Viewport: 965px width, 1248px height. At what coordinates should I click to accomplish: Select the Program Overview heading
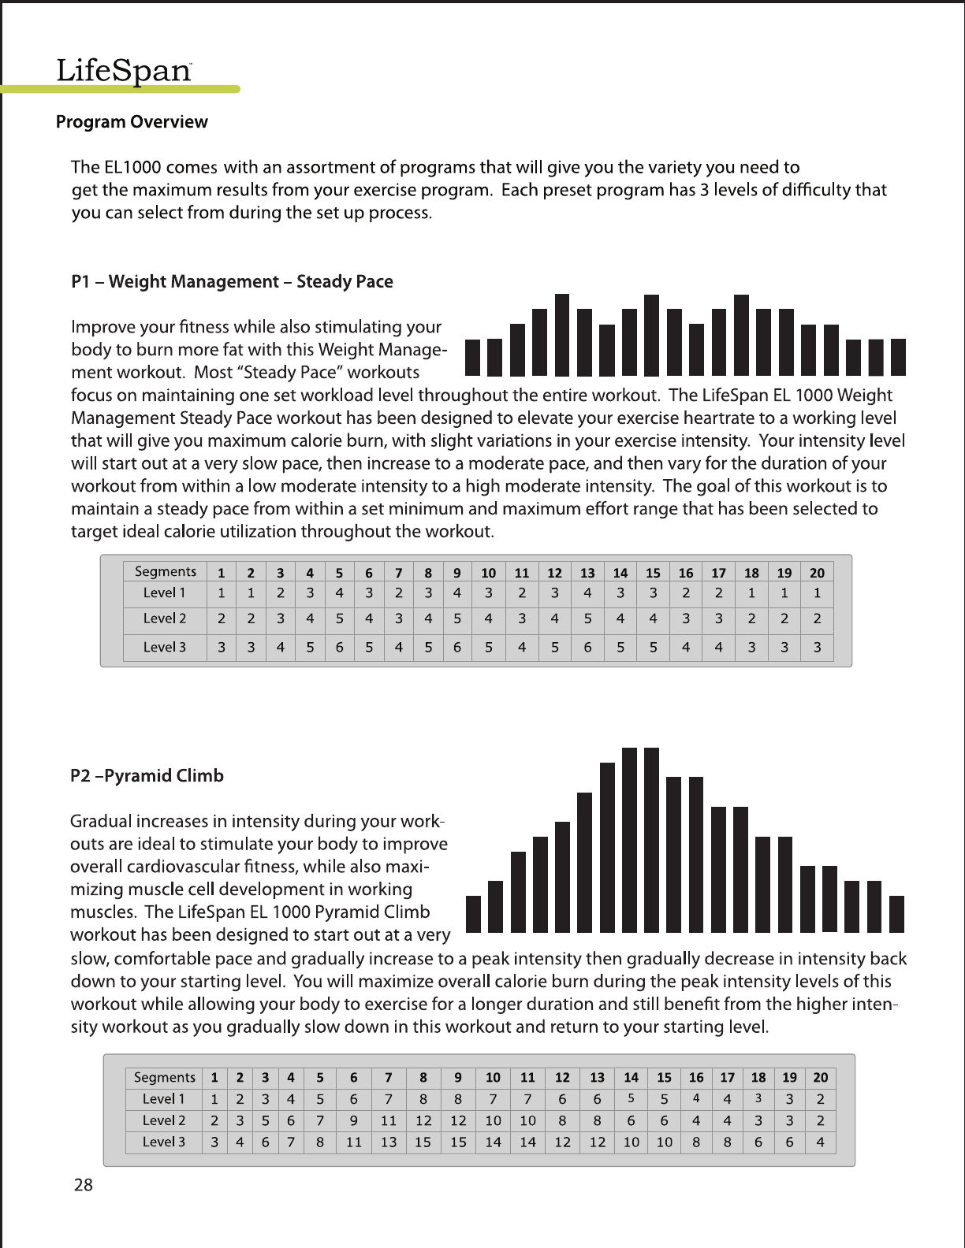click(132, 122)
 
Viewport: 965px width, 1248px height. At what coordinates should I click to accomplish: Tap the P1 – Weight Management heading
click(232, 282)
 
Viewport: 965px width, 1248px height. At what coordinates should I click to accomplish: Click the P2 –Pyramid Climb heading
click(147, 776)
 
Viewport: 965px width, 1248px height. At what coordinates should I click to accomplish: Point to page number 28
click(83, 1184)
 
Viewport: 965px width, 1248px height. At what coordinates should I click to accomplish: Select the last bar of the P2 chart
click(896, 914)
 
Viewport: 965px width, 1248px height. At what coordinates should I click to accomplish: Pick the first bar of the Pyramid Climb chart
click(473, 914)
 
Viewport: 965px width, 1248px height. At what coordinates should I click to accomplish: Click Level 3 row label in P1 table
click(164, 648)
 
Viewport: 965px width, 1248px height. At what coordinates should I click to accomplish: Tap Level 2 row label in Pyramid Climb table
click(164, 1120)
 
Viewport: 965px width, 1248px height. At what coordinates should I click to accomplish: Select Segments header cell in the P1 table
click(165, 571)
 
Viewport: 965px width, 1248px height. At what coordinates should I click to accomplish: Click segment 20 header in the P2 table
click(821, 1077)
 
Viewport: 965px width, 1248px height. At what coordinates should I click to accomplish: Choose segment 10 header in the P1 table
click(489, 572)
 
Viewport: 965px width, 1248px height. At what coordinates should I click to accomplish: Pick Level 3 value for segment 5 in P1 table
click(339, 648)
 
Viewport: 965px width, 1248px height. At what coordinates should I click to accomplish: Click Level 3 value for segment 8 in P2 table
click(423, 1142)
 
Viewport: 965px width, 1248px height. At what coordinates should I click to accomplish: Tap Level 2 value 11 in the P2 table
click(388, 1120)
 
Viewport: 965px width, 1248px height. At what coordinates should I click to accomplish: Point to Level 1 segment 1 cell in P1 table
click(222, 592)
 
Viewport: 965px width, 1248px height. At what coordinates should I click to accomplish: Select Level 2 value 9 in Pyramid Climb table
click(354, 1120)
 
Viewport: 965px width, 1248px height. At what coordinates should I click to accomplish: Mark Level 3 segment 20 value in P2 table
click(821, 1142)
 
